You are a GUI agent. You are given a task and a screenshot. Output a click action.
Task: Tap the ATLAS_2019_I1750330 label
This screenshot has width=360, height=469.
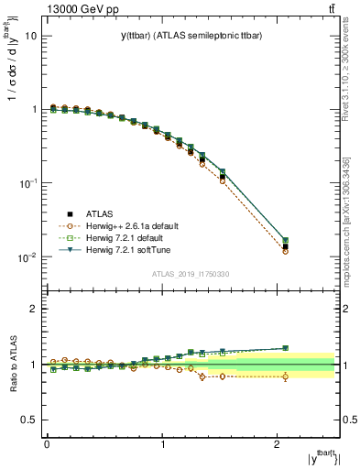point(190,275)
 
